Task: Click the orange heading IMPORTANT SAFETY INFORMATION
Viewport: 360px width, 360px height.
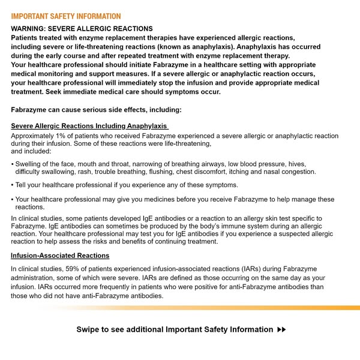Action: (66, 16)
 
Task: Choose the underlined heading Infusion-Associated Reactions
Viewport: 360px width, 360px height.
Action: (60, 256)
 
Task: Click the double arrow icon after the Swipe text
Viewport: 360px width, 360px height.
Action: (282, 329)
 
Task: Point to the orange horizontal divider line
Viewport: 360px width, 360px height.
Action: (180, 307)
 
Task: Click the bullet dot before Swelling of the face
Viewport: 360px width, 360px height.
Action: (13, 164)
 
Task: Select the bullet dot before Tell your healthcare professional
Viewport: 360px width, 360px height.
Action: (13, 185)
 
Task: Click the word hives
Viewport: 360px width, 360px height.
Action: (298, 164)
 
